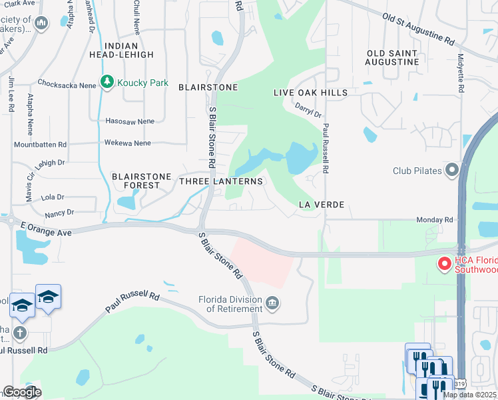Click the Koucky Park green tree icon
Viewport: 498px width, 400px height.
pyautogui.click(x=107, y=81)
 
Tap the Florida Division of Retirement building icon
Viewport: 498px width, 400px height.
pyautogui.click(x=272, y=304)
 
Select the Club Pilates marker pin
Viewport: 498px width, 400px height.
pyautogui.click(x=453, y=171)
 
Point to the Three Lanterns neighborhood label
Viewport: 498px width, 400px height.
pyautogui.click(x=222, y=181)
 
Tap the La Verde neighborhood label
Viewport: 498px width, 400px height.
pyautogui.click(x=321, y=204)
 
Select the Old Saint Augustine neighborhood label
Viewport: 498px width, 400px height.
pyautogui.click(x=392, y=57)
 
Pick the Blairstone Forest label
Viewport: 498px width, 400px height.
pyautogui.click(x=136, y=181)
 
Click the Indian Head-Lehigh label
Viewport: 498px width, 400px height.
pyautogui.click(x=129, y=50)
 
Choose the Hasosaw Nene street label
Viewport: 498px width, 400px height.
pyautogui.click(x=130, y=121)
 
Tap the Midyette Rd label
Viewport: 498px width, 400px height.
pyautogui.click(x=460, y=73)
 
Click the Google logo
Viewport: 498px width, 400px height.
pyautogui.click(x=22, y=392)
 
